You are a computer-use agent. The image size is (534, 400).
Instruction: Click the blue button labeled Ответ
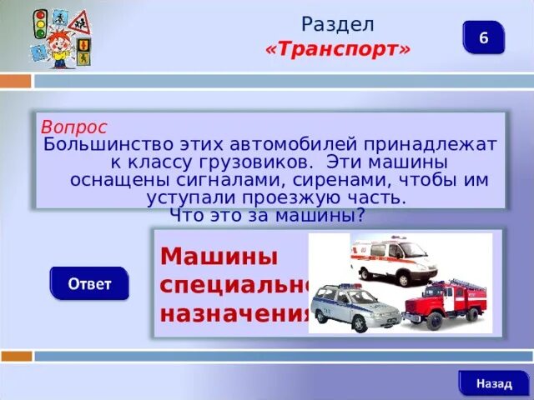[89, 283]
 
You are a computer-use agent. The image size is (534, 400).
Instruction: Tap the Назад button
[494, 383]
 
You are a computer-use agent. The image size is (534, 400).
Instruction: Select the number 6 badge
[483, 38]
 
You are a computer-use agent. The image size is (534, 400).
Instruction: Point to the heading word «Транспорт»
[338, 50]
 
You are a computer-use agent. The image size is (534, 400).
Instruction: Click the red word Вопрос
[74, 127]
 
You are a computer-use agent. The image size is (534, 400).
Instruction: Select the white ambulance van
[392, 261]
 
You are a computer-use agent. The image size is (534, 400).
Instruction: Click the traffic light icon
[39, 22]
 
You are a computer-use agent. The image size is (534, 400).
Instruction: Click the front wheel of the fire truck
[418, 322]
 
